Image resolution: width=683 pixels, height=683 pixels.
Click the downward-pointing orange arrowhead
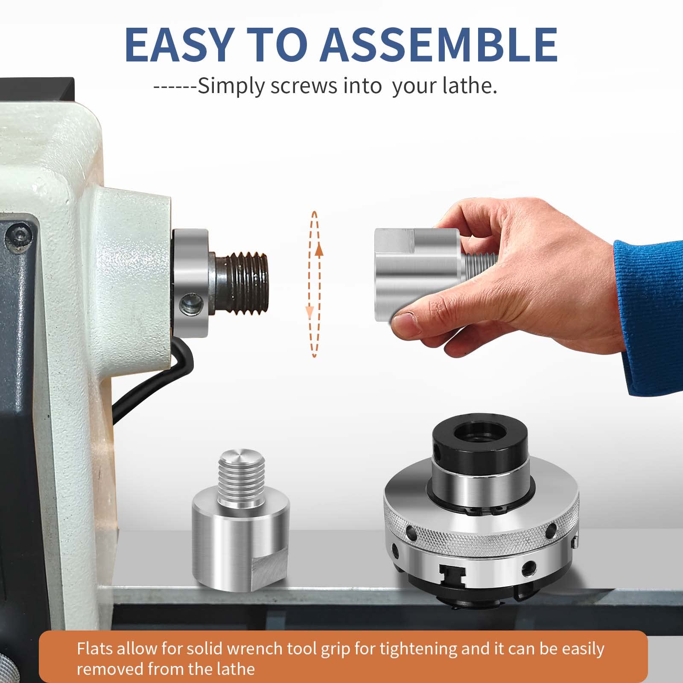coord(310,312)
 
